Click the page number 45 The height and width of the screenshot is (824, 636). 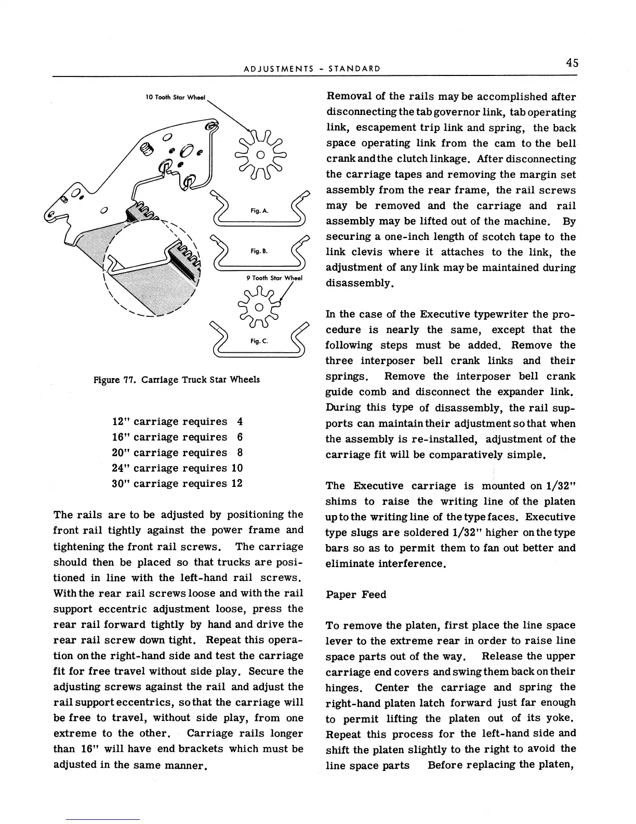[572, 63]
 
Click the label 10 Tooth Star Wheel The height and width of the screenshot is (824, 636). [175, 97]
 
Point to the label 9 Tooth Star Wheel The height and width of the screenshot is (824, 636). [274, 278]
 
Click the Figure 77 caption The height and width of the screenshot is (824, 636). [177, 379]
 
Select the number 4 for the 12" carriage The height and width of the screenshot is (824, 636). [240, 421]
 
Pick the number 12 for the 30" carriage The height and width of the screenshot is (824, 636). [236, 483]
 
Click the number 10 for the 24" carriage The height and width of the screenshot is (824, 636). [236, 468]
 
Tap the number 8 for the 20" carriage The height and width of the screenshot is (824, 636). [240, 452]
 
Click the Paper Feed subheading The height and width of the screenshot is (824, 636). [356, 594]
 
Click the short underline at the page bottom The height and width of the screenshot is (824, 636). [103, 819]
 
